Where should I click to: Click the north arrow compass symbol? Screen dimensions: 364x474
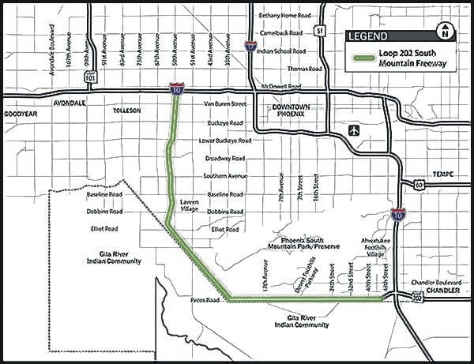tap(446, 32)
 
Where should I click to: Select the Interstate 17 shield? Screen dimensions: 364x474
tap(250, 47)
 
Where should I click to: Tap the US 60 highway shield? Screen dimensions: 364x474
tap(416, 184)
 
